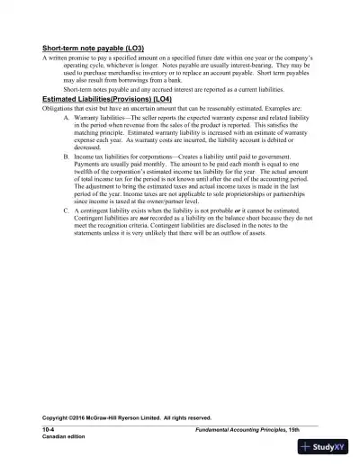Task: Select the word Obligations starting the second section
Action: (63, 132)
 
